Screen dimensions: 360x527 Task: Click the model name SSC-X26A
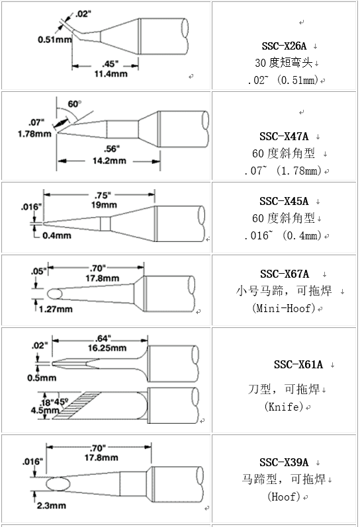click(284, 46)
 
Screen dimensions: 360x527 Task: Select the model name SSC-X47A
click(284, 136)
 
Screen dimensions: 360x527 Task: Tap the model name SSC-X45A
click(284, 201)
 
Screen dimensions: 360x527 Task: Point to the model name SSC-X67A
click(285, 274)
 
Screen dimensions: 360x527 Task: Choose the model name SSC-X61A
click(298, 364)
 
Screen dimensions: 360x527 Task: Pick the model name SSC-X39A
click(284, 462)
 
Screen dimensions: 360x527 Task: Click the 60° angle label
click(75, 104)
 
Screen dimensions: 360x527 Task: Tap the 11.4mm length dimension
click(111, 73)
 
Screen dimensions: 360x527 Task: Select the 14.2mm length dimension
click(109, 161)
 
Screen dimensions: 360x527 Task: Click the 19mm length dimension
click(105, 205)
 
